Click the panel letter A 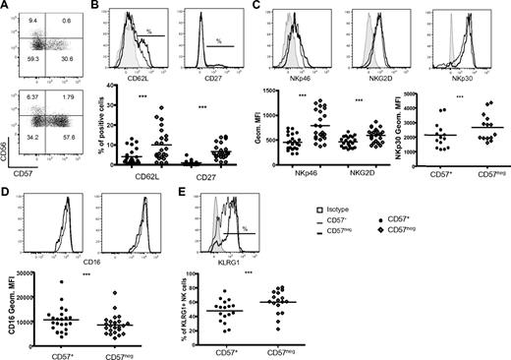[x=8, y=6]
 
